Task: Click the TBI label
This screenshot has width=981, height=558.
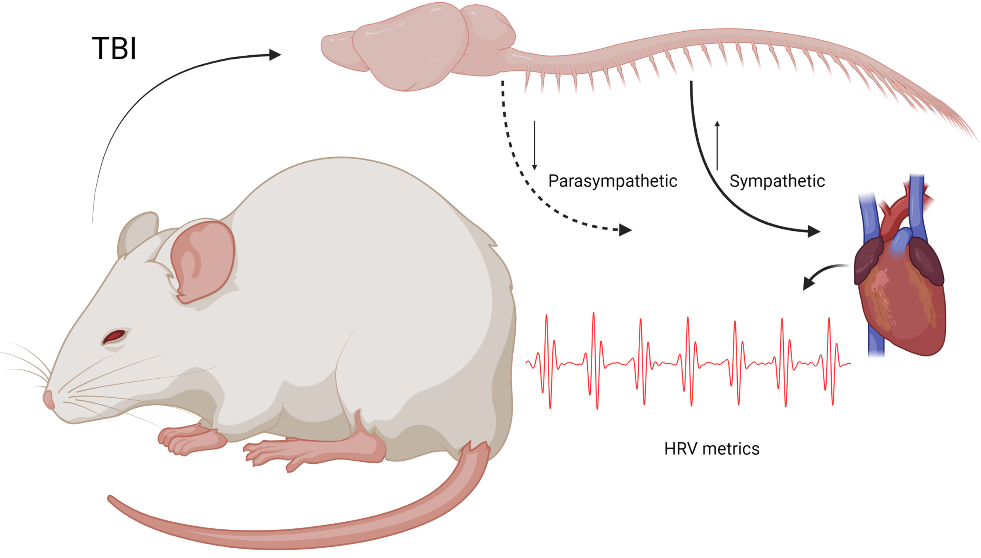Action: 114,48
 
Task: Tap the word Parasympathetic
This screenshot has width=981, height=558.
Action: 612,181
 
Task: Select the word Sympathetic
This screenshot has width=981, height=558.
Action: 777,181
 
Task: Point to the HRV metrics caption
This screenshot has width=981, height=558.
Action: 711,449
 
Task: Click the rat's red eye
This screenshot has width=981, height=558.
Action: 114,336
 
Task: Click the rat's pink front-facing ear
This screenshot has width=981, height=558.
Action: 202,261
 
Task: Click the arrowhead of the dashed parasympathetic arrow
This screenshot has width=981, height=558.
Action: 625,230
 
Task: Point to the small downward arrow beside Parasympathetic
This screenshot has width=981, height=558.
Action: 534,145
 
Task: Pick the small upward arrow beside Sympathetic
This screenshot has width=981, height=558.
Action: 717,145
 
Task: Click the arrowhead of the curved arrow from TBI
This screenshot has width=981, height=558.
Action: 275,54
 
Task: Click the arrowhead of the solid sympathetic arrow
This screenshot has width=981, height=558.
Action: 814,231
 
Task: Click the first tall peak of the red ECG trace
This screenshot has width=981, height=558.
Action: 546,316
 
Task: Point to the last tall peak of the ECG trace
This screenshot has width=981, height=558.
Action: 829,319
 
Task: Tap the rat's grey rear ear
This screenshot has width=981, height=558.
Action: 137,232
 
